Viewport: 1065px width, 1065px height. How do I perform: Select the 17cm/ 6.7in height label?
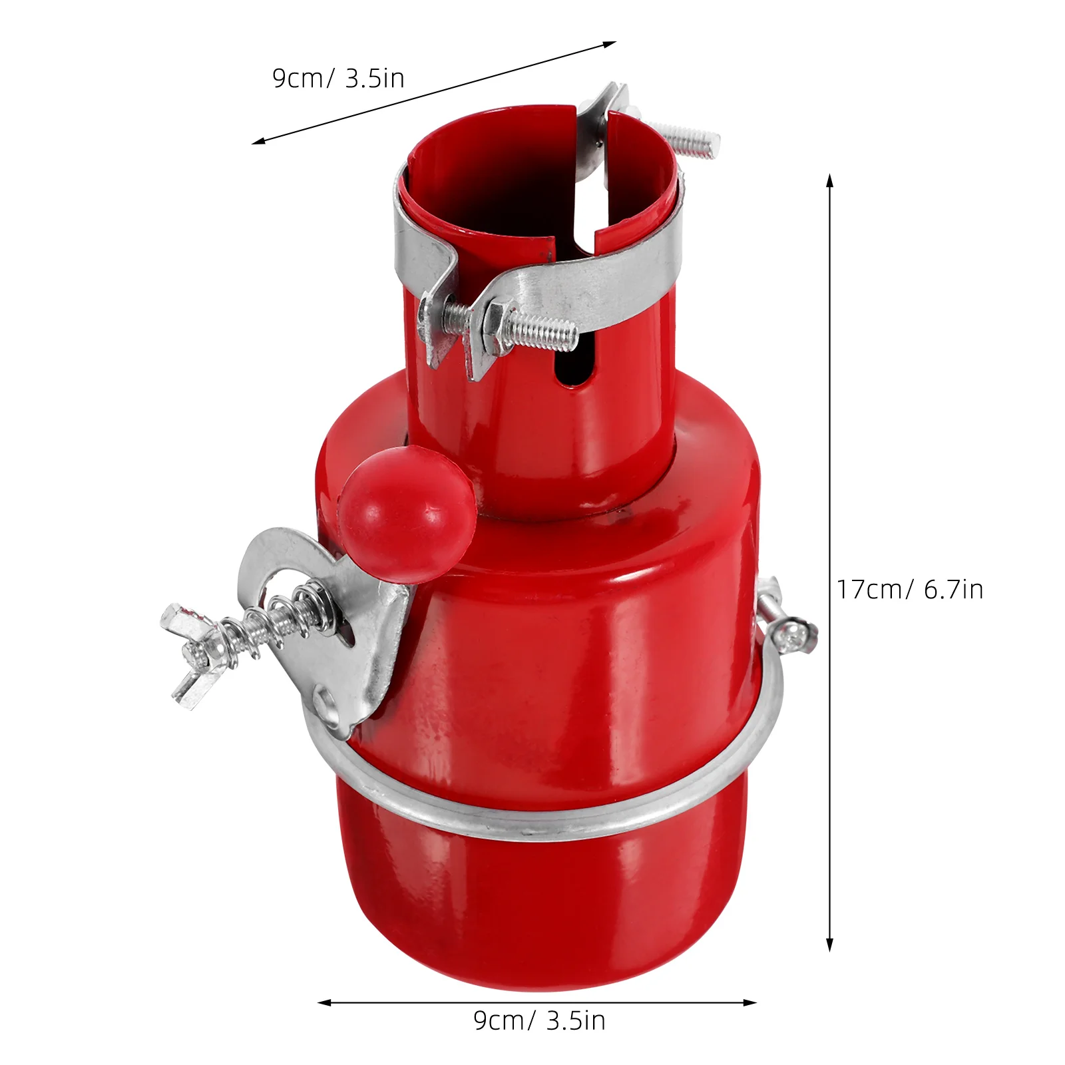909,590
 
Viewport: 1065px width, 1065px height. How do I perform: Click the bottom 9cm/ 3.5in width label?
539,1020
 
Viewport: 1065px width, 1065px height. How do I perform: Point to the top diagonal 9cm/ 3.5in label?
338,79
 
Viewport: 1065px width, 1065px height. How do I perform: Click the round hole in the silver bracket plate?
330,702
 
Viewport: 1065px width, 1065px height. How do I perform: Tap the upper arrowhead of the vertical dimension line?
829,180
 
